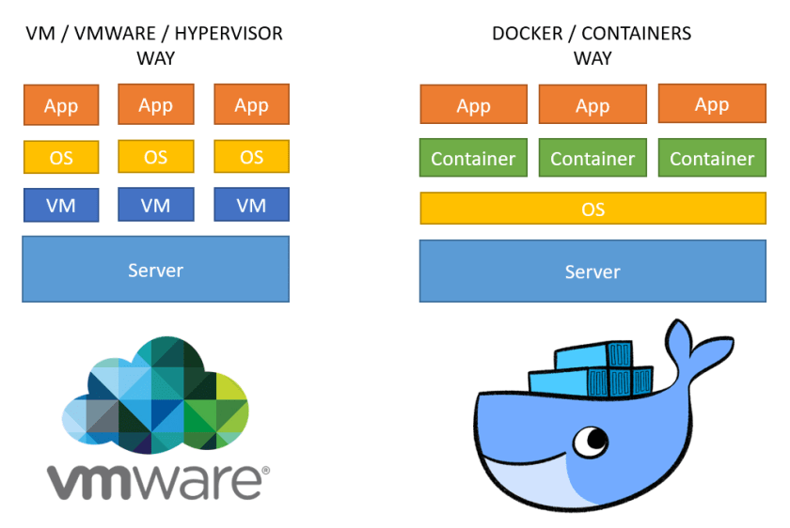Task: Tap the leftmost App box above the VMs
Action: [x=61, y=105]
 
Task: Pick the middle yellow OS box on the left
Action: [x=156, y=156]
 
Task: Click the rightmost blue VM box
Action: [x=251, y=205]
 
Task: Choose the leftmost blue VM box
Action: [x=61, y=205]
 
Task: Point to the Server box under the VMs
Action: [x=155, y=270]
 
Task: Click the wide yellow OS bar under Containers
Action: [x=592, y=209]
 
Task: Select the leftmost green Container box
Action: [x=473, y=158]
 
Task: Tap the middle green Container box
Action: [x=592, y=158]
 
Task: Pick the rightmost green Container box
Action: [x=712, y=158]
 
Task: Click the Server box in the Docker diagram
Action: [x=592, y=272]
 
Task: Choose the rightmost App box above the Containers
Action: [x=712, y=104]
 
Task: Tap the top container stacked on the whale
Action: [x=592, y=356]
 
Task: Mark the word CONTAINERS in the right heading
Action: [x=637, y=34]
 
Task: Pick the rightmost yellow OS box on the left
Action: [x=251, y=156]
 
